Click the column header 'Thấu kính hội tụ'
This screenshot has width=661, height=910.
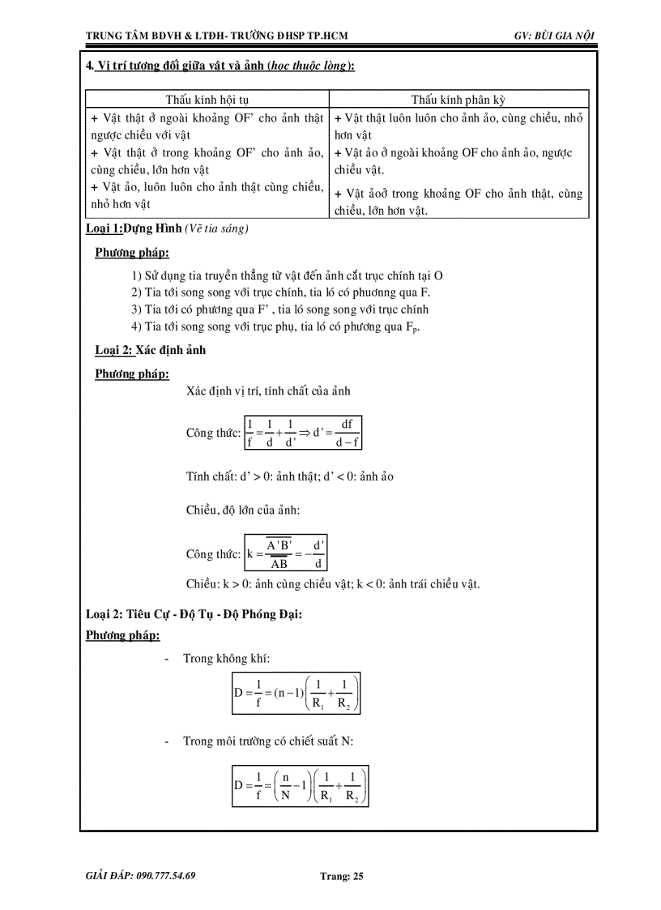tap(207, 100)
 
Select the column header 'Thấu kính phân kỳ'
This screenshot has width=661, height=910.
tap(458, 100)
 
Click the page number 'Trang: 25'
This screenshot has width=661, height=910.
tap(343, 876)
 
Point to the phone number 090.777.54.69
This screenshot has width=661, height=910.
tap(140, 876)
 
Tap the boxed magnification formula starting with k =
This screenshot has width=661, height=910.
tap(286, 554)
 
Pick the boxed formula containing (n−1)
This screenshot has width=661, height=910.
tap(296, 694)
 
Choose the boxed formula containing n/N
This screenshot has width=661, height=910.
tap(301, 785)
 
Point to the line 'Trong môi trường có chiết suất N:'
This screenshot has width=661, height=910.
tap(268, 741)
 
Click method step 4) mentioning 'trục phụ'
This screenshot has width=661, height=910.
tap(276, 327)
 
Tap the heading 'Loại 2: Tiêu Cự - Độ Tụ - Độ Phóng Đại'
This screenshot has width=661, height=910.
tap(194, 615)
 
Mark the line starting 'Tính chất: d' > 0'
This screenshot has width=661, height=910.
tap(289, 476)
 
